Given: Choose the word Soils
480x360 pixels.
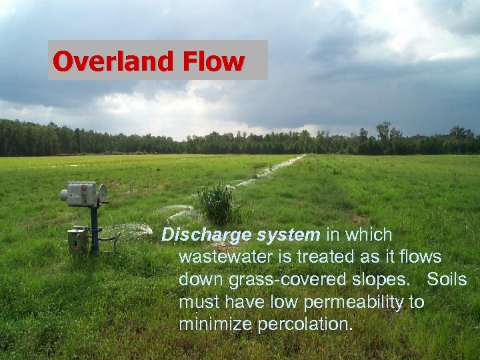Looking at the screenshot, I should pos(446,280).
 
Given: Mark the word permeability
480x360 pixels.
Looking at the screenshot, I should pos(353,303).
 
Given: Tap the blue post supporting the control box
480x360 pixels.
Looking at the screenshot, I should pos(95,230).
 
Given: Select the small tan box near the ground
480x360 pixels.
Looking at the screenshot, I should pos(77,241).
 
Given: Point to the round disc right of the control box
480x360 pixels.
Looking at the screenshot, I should pos(103,193).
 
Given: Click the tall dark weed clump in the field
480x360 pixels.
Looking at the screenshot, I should pos(216,203).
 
